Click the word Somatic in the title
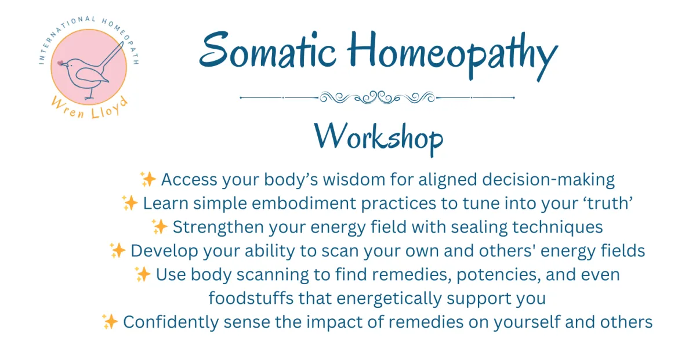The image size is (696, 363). click(x=268, y=50)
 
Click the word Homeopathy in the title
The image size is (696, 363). click(x=452, y=55)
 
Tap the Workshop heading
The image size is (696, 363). click(x=379, y=139)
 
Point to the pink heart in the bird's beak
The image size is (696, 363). click(x=60, y=63)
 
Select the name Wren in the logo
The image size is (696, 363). click(x=68, y=108)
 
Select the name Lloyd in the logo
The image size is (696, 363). click(x=110, y=108)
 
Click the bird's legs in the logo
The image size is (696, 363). click(x=90, y=93)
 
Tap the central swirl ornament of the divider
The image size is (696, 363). click(x=377, y=97)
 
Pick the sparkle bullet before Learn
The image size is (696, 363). click(x=129, y=203)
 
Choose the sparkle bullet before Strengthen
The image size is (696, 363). click(x=159, y=226)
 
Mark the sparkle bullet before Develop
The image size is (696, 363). click(x=117, y=251)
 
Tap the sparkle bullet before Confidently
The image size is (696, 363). click(x=110, y=321)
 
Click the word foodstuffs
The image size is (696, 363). click(x=251, y=298)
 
